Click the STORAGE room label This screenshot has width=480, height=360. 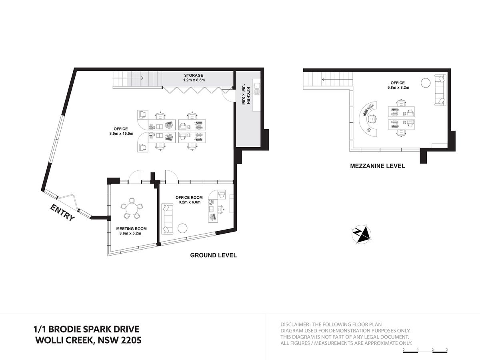(194, 76)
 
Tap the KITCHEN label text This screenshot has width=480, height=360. (248, 95)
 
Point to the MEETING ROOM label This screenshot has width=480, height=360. (132, 229)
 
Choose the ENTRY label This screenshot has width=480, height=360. (62, 213)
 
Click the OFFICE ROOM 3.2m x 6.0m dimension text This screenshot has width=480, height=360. (190, 202)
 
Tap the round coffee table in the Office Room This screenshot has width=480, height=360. (182, 228)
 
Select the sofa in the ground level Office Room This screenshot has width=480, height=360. (167, 218)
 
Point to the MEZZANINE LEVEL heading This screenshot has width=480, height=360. (378, 166)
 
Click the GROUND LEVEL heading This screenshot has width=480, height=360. (214, 255)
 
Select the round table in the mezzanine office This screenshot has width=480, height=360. (426, 83)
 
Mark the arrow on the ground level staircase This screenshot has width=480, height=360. (128, 78)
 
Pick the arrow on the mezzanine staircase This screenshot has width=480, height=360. (337, 79)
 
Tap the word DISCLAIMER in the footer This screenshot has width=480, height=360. (294, 324)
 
